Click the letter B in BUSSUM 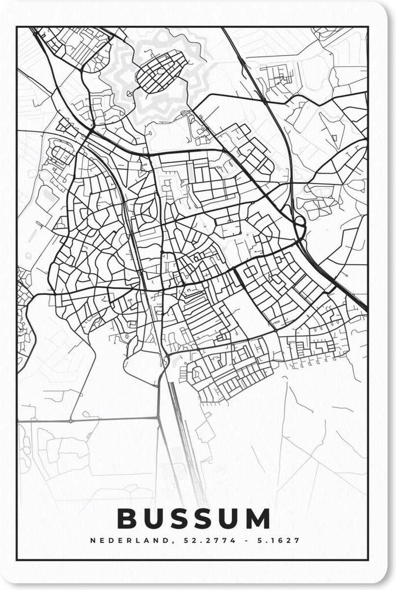point(128,519)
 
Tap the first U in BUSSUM point(154,519)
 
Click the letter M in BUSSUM point(260,519)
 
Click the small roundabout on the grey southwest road point(71,421)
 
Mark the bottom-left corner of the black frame point(17,560)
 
